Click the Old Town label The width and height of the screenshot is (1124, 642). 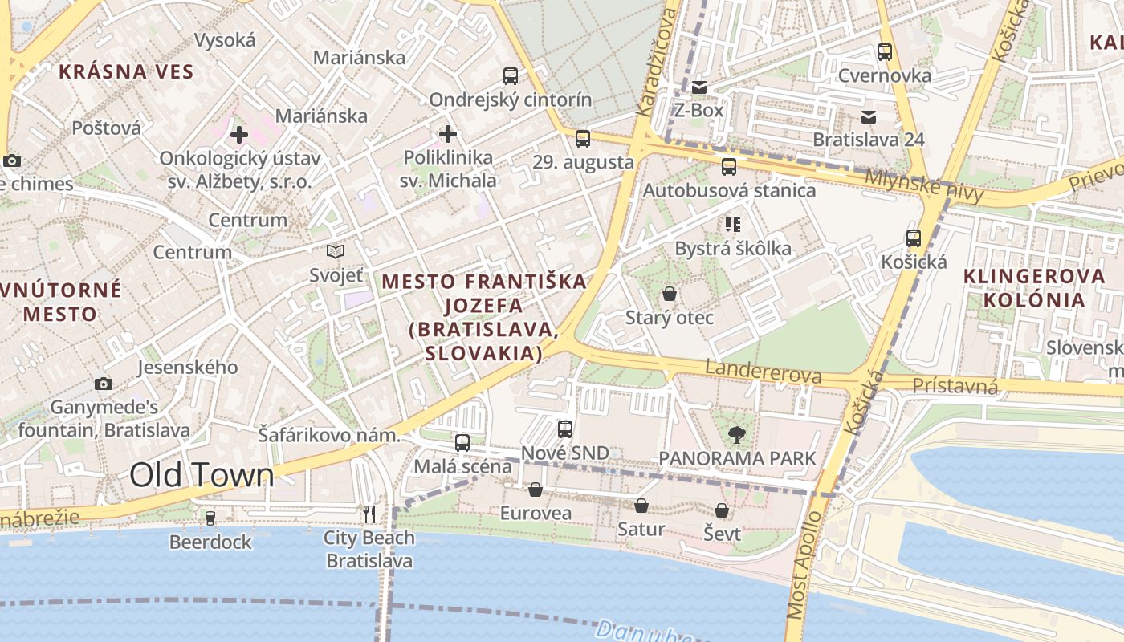tap(202, 475)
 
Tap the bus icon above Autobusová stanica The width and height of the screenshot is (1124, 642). tap(729, 167)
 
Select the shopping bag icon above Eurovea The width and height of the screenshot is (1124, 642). tap(536, 490)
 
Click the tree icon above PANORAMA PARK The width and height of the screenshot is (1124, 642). tap(736, 436)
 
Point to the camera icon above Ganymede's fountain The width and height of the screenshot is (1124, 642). tap(104, 384)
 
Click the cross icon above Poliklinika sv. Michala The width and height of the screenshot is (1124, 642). tap(448, 133)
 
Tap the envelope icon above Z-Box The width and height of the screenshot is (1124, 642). tap(699, 87)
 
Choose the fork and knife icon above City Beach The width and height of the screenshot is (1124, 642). tap(369, 514)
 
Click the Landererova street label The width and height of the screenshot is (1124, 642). tap(764, 372)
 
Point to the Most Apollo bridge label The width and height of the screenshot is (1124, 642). tap(804, 566)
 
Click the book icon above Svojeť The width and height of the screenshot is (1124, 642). tap(336, 252)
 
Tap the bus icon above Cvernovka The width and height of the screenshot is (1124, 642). tap(885, 52)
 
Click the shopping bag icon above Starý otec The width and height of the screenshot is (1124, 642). tap(670, 295)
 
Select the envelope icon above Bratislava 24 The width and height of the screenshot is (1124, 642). tap(869, 116)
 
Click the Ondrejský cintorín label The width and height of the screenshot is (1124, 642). tap(511, 100)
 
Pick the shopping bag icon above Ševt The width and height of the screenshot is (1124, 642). tap(722, 510)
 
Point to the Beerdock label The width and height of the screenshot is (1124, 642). tap(210, 542)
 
